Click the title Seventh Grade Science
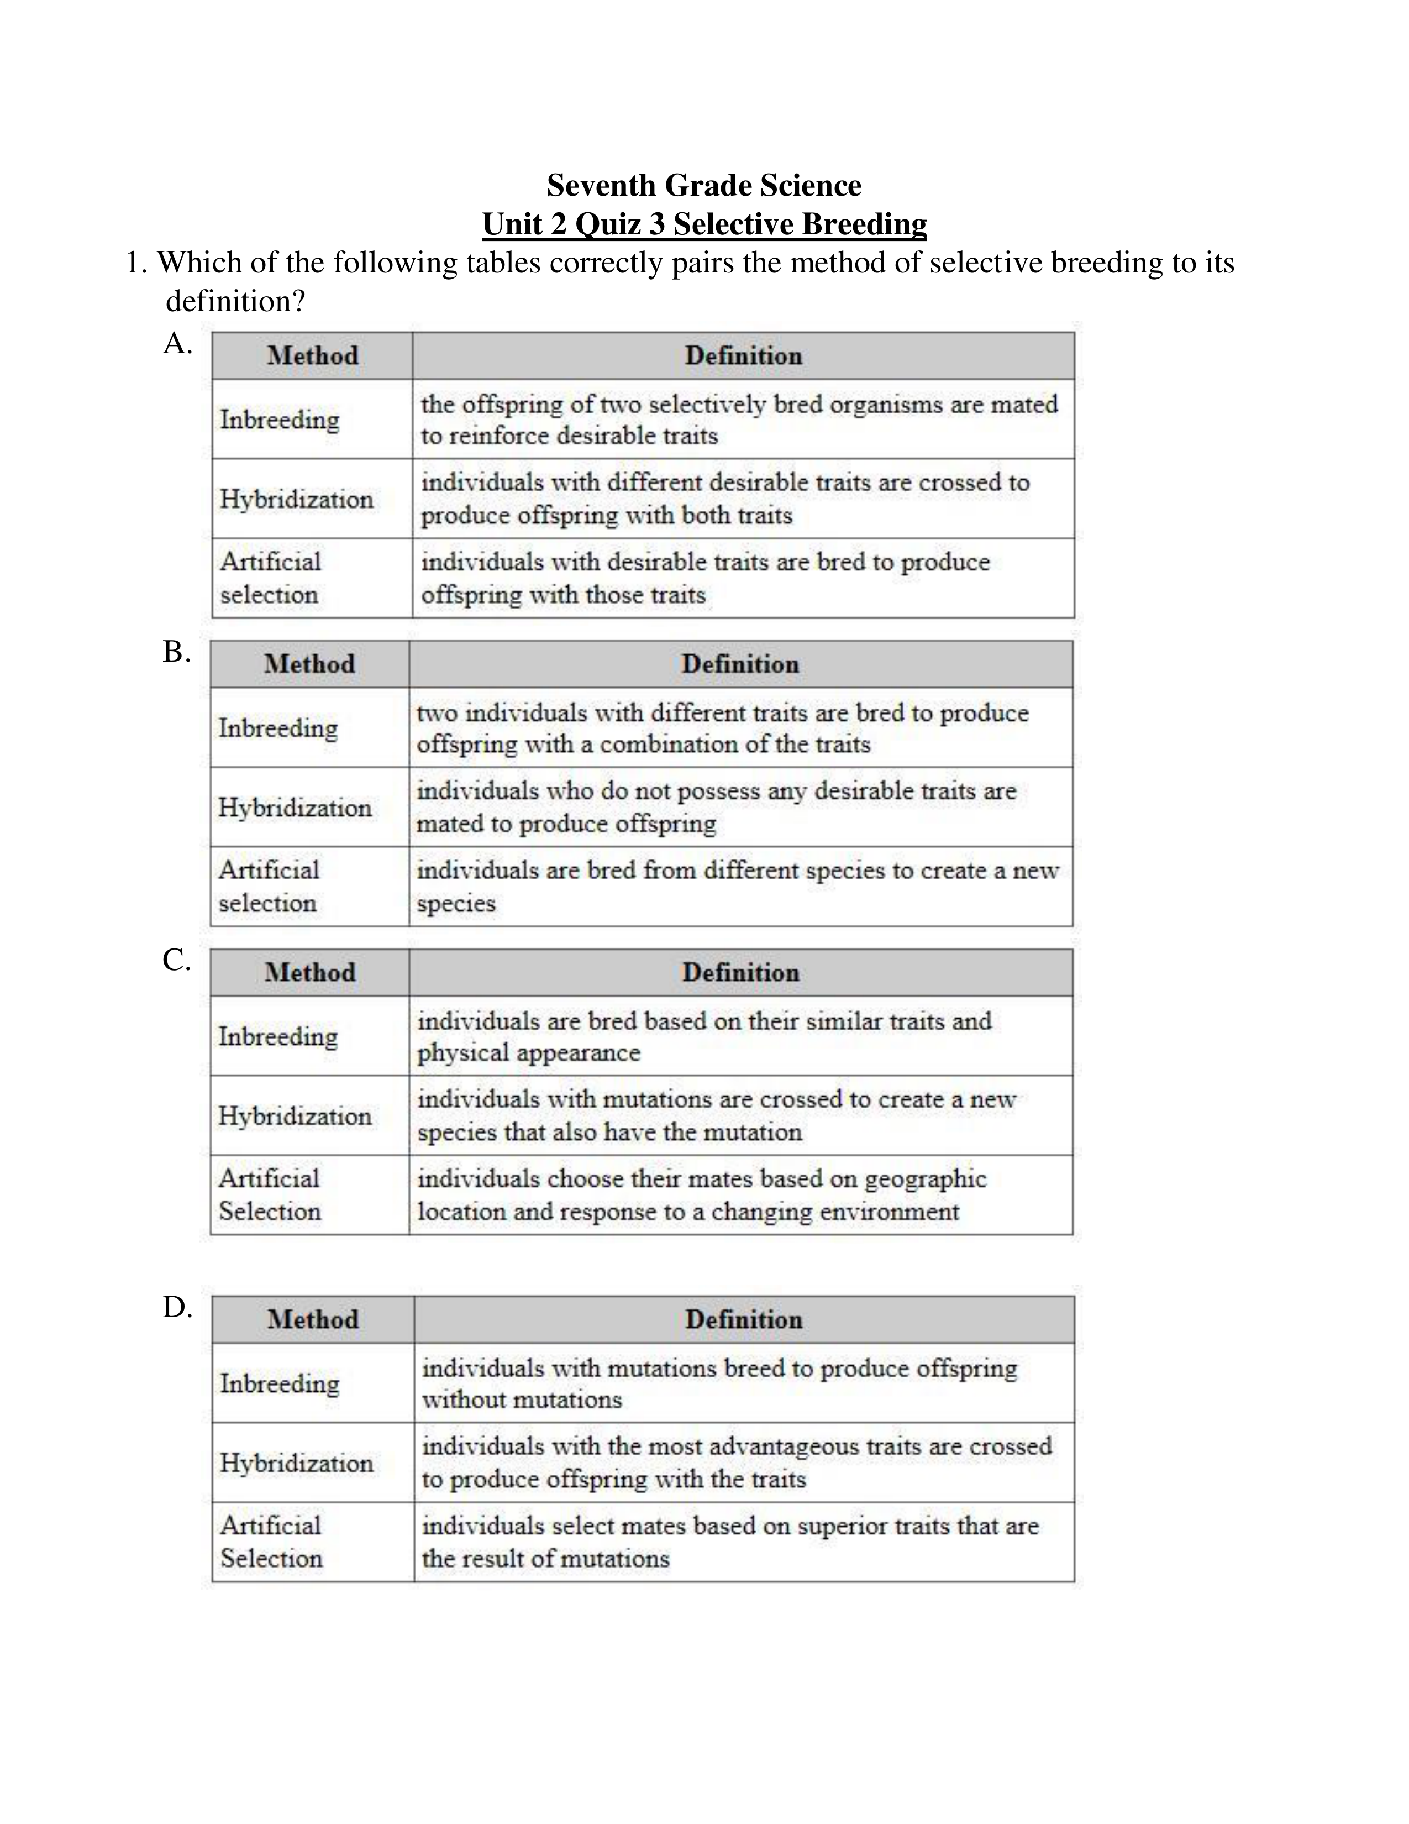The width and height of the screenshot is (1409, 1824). click(703, 185)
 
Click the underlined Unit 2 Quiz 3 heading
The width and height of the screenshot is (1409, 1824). click(703, 224)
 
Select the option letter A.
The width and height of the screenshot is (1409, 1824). click(176, 343)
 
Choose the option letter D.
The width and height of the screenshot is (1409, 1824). click(176, 1307)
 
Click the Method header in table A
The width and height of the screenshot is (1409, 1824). click(312, 356)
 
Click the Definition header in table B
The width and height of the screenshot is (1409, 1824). click(739, 664)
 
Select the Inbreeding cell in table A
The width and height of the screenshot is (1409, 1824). click(280, 420)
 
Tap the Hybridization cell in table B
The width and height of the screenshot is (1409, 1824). click(295, 808)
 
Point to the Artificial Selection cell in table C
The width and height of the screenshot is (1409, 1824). click(270, 1195)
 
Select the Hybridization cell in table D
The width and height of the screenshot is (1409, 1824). click(296, 1463)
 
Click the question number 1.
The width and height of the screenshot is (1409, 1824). click(135, 263)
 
